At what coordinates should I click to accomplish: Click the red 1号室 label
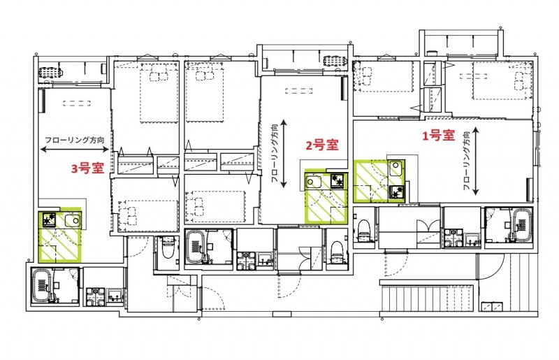[x=438, y=136]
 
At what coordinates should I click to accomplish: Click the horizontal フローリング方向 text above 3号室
[x=75, y=140]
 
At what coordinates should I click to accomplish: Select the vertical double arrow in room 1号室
[x=476, y=161]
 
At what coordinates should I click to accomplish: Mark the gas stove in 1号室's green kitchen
[x=397, y=191]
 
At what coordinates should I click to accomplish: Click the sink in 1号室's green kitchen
[x=396, y=168]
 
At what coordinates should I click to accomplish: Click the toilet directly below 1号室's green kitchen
[x=363, y=228]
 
